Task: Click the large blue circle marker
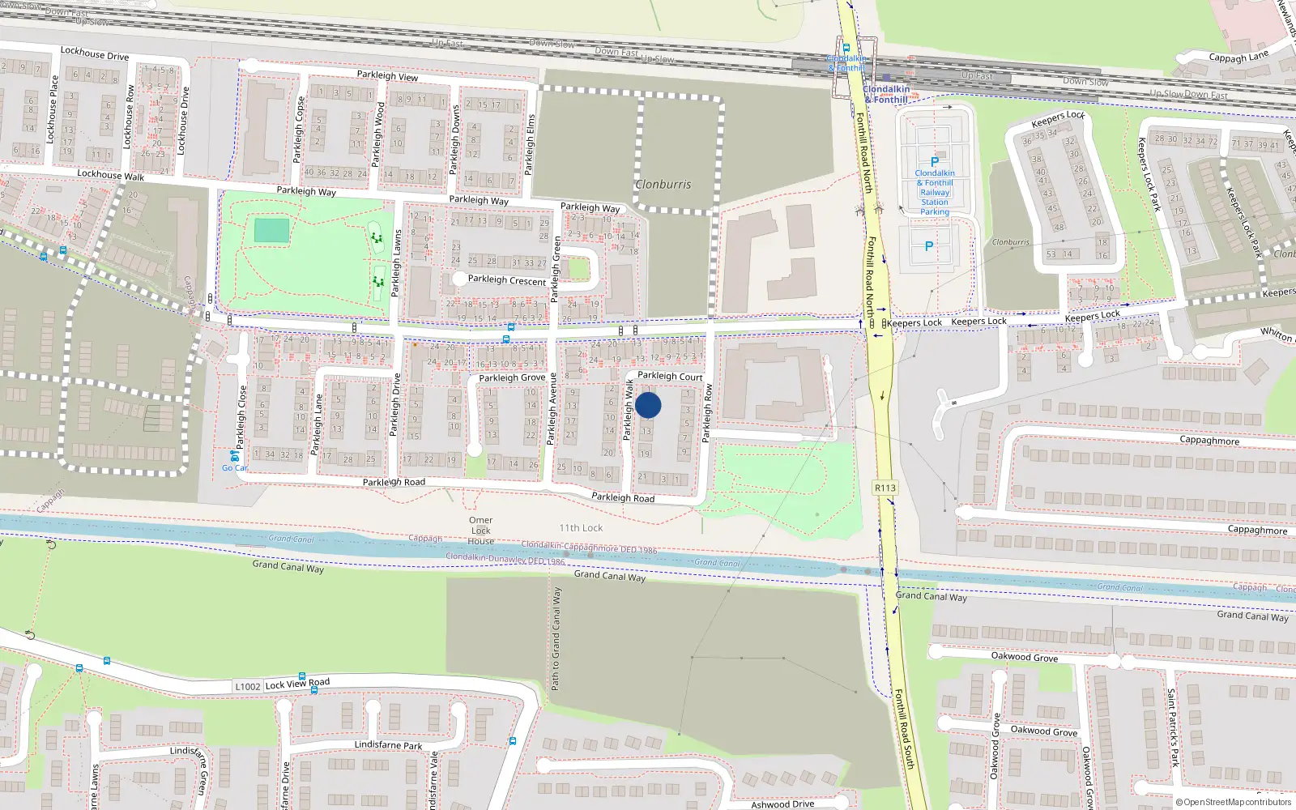pyautogui.click(x=648, y=405)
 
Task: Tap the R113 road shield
pyautogui.click(x=885, y=488)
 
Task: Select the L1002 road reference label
pyautogui.click(x=248, y=687)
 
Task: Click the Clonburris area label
pyautogui.click(x=663, y=185)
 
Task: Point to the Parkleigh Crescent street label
pyautogui.click(x=507, y=280)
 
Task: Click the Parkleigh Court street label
pyautogui.click(x=670, y=376)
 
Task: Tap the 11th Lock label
pyautogui.click(x=581, y=528)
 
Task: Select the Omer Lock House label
pyautogui.click(x=480, y=531)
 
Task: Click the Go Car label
pyautogui.click(x=235, y=467)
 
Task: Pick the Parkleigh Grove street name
pyautogui.click(x=512, y=377)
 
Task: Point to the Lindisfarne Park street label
pyautogui.click(x=388, y=745)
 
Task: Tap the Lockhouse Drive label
pyautogui.click(x=95, y=53)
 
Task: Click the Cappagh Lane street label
pyautogui.click(x=1238, y=57)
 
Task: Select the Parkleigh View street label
pyautogui.click(x=387, y=75)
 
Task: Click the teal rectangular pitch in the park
pyautogui.click(x=271, y=231)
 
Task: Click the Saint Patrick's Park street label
pyautogui.click(x=1172, y=727)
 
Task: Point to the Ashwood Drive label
pyautogui.click(x=782, y=804)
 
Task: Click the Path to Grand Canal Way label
pyautogui.click(x=556, y=639)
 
